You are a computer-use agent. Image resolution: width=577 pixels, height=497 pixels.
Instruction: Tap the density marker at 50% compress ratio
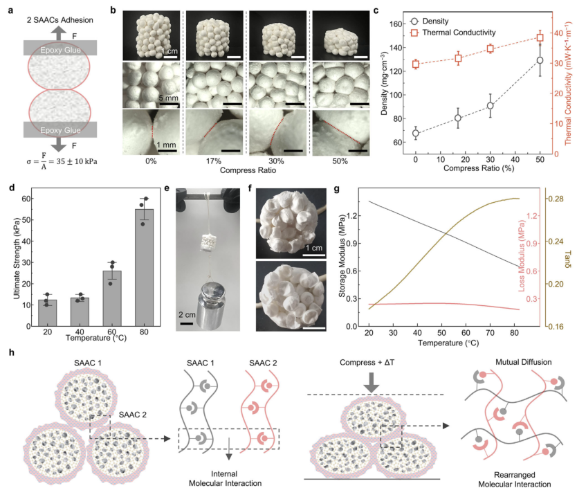tap(540, 60)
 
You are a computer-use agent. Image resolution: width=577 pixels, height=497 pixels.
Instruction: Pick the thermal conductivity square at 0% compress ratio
tap(416, 64)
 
